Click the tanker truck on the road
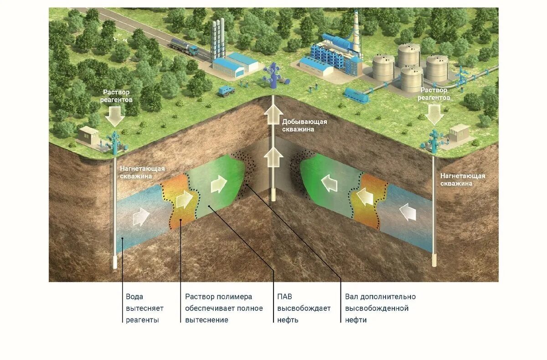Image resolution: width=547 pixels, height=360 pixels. point(184,46)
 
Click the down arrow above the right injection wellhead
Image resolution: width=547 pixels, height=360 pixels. point(435,114)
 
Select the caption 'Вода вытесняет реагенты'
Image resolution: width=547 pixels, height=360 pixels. point(144,309)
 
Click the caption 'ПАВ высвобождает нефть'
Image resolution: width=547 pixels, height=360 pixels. point(304,309)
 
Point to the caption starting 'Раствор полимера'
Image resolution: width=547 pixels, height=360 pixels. point(224,309)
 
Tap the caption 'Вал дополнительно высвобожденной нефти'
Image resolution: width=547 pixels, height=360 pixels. point(380,309)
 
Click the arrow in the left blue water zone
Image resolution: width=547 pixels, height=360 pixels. point(141,217)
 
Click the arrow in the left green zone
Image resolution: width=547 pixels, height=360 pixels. point(218,185)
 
